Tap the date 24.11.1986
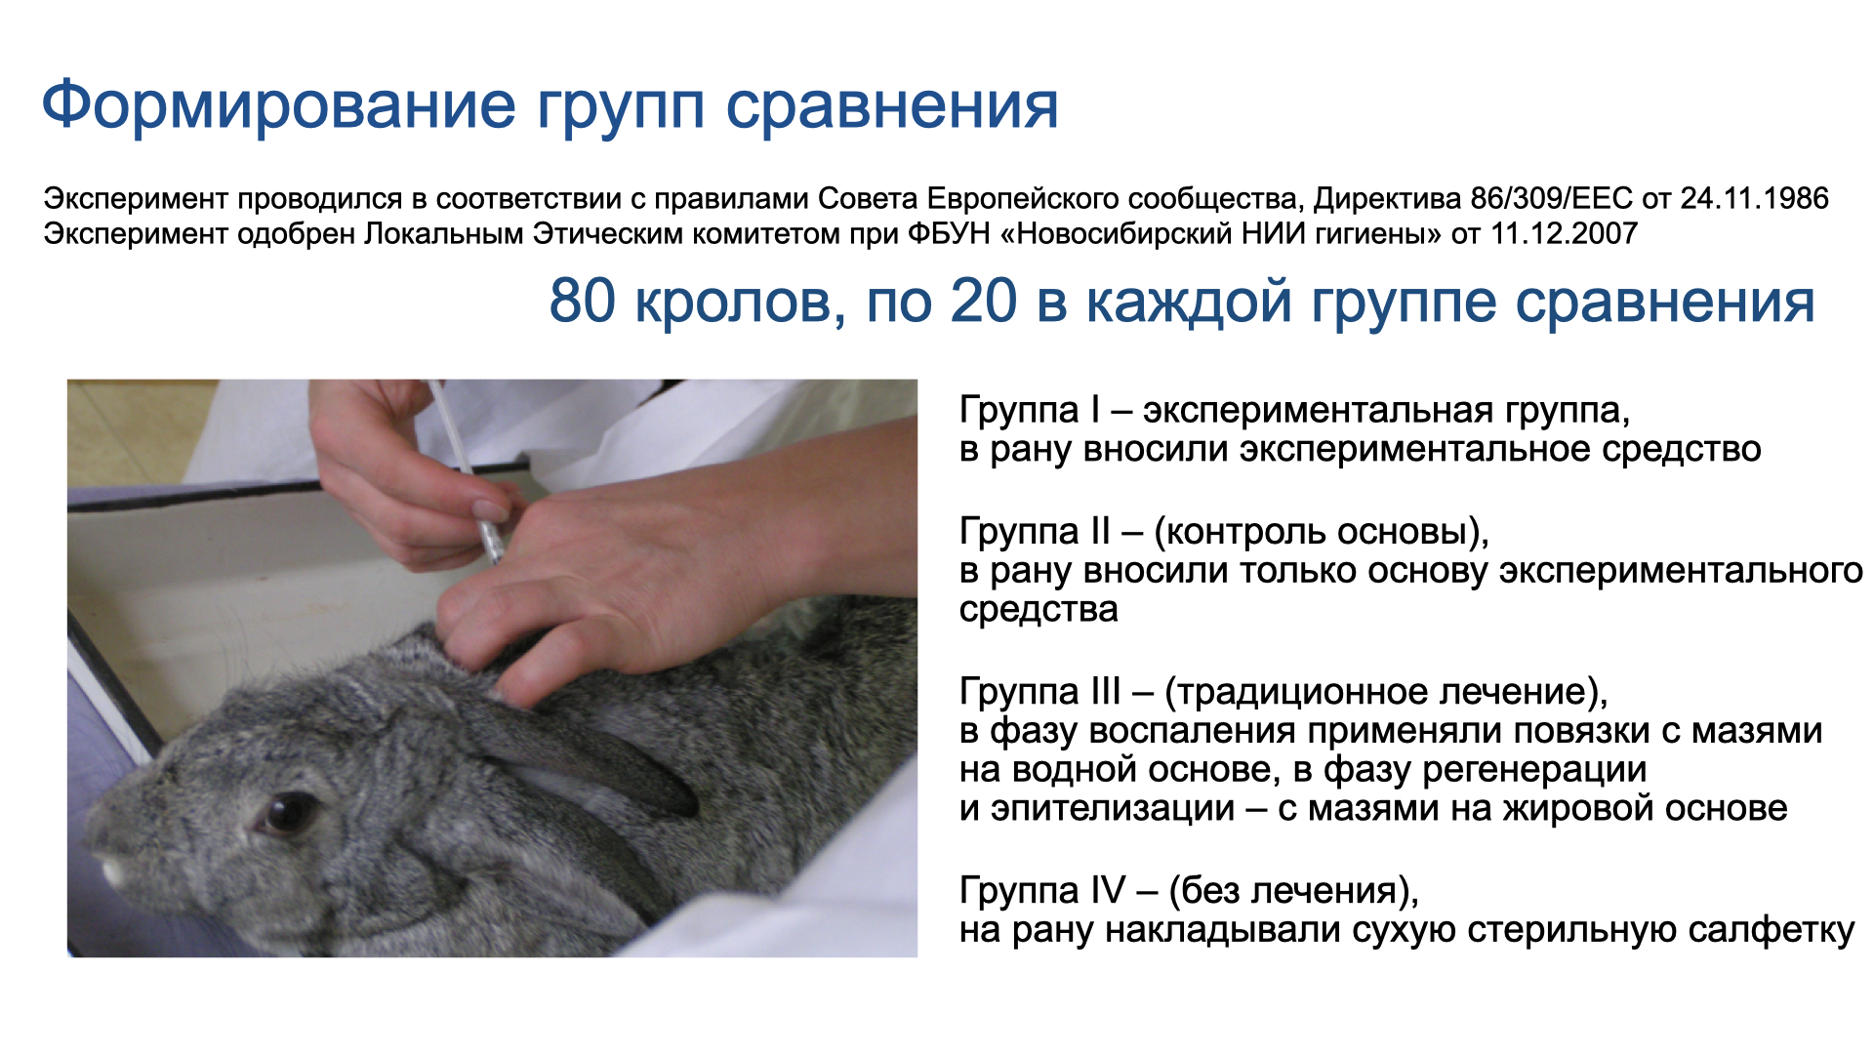click(x=1754, y=198)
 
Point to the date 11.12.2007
click(x=1564, y=233)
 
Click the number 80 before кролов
click(x=583, y=301)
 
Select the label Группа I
click(x=1030, y=411)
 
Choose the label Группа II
click(x=1035, y=532)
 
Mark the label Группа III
click(x=1040, y=692)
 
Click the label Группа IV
click(x=1042, y=891)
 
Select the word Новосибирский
click(x=1128, y=233)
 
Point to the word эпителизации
click(x=1113, y=809)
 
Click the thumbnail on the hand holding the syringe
click(x=491, y=510)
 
